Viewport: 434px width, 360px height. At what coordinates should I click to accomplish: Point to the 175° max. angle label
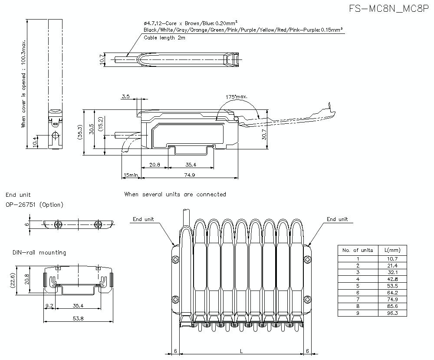[237, 96]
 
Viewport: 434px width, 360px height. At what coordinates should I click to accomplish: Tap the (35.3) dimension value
[80, 132]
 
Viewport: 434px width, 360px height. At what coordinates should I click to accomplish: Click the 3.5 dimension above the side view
[125, 96]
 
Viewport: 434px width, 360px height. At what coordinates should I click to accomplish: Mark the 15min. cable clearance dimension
[131, 175]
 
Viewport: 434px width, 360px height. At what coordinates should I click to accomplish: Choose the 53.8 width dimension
[78, 318]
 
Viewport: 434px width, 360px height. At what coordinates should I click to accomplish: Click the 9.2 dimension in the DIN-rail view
[49, 306]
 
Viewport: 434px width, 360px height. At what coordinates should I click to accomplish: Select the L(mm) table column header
[392, 250]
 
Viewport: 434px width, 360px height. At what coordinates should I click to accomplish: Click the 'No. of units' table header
[358, 250]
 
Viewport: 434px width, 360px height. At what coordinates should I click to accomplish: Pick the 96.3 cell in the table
[392, 313]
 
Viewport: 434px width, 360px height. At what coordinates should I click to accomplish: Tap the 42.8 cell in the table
[392, 279]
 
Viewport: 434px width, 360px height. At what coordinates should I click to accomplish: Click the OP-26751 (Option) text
[34, 205]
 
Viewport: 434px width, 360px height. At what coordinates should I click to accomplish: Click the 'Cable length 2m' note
[164, 38]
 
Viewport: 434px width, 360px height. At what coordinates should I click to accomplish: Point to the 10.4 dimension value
[35, 141]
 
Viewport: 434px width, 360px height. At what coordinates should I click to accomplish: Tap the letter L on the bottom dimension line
[241, 351]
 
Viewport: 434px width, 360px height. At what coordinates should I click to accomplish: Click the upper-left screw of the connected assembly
[175, 260]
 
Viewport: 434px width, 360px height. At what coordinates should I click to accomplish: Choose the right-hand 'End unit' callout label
[337, 219]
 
